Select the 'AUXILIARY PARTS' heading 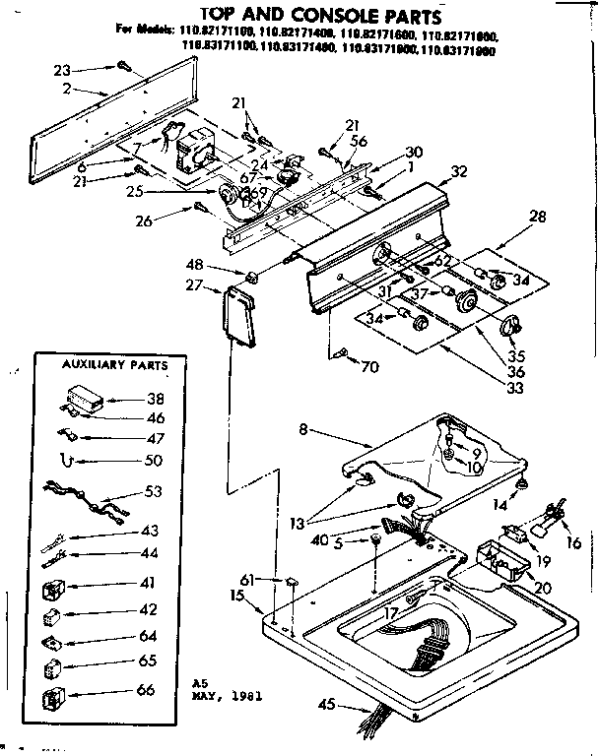pyautogui.click(x=102, y=365)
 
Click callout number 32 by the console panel pyautogui.click(x=457, y=170)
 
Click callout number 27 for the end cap pyautogui.click(x=193, y=285)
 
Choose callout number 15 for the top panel pyautogui.click(x=237, y=596)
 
